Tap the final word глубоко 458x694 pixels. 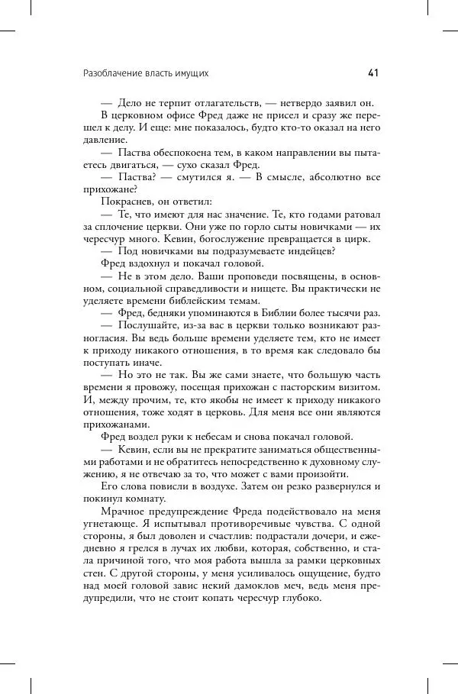[299, 599]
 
